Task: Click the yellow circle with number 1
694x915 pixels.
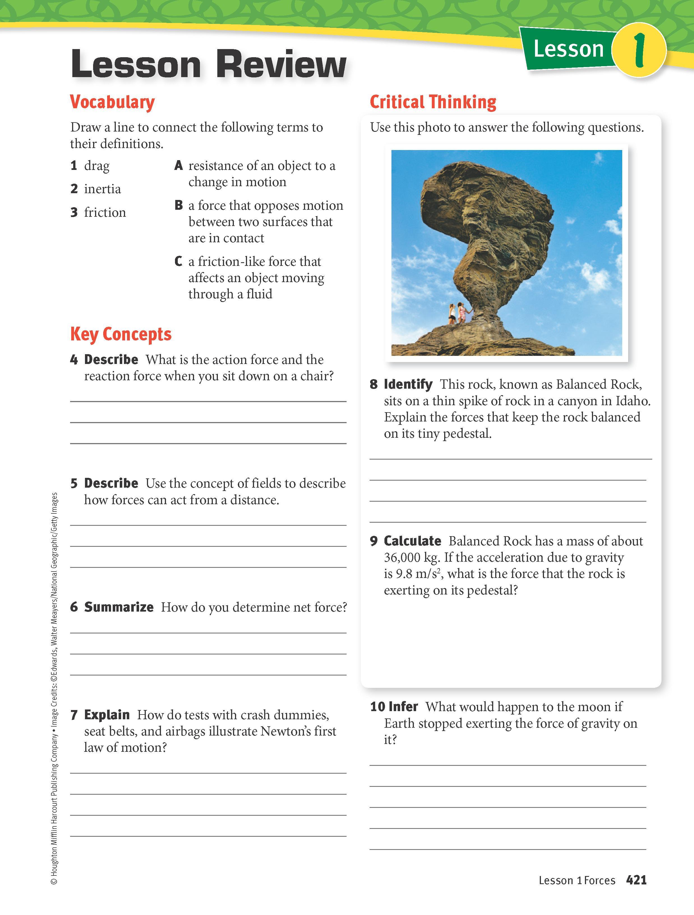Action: pos(638,50)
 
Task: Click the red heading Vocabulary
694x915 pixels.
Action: pos(112,102)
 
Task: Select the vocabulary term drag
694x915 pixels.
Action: pos(97,166)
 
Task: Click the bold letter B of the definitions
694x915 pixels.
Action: pos(179,205)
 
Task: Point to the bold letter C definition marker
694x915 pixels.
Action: pos(178,261)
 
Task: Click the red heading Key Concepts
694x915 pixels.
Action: pos(121,334)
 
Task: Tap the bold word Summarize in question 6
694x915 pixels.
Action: pos(119,607)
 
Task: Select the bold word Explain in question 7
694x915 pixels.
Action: pos(107,715)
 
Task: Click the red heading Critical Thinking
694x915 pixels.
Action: pos(433,102)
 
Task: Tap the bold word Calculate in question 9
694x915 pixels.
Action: pos(412,541)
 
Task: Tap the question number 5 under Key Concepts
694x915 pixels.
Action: pos(74,483)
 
